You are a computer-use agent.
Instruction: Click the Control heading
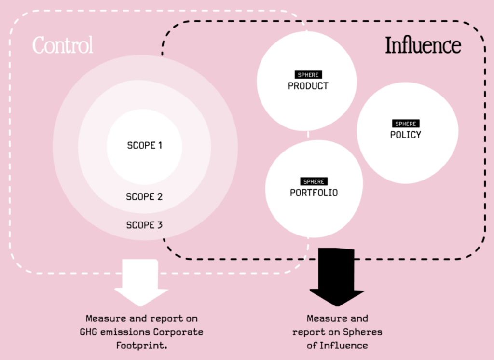click(x=63, y=46)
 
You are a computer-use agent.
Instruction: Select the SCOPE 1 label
click(x=144, y=145)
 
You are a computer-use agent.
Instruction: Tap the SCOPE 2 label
click(x=144, y=197)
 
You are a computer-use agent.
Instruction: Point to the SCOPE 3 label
click(x=144, y=225)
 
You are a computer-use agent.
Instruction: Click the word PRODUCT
click(x=308, y=86)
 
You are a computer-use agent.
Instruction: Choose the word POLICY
click(x=405, y=135)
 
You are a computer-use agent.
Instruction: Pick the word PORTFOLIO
click(x=314, y=193)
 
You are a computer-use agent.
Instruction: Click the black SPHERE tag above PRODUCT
click(x=308, y=75)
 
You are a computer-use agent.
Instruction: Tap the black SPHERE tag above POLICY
click(x=405, y=124)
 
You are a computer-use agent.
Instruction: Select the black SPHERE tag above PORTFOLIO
click(x=314, y=182)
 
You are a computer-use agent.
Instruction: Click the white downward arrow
click(x=141, y=282)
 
